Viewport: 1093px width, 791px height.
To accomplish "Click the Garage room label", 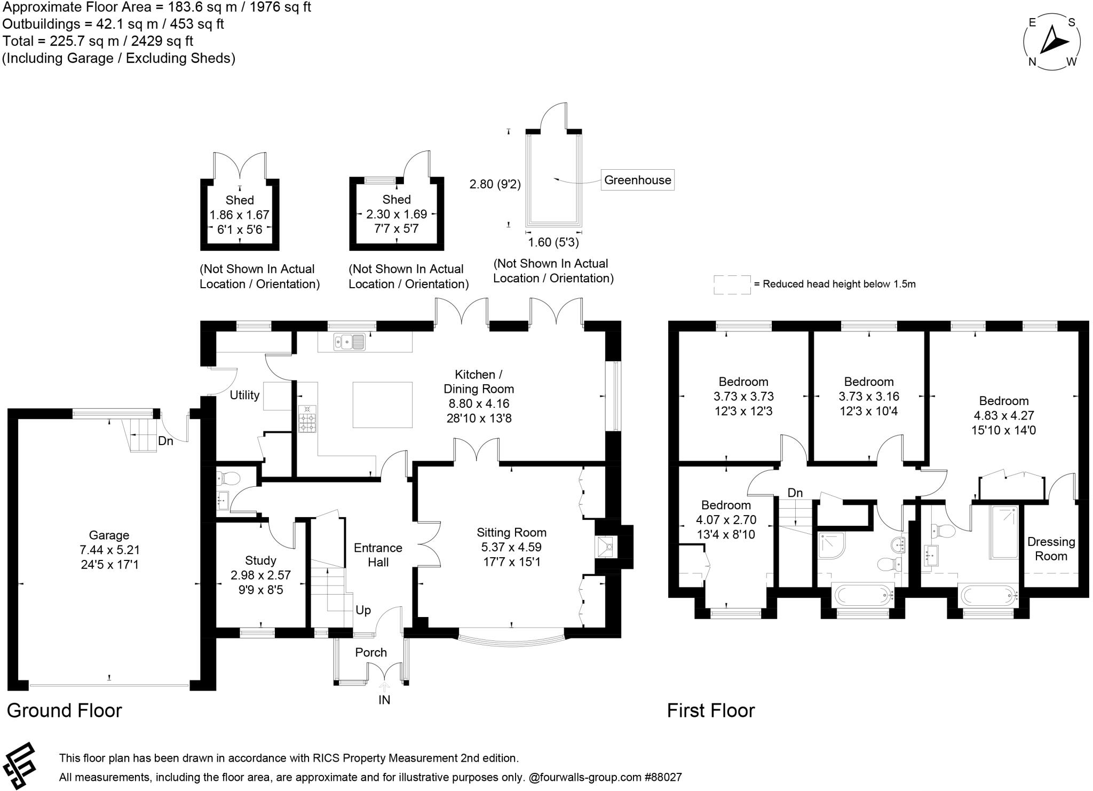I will (x=109, y=535).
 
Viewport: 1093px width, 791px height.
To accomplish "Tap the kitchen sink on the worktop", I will (x=350, y=342).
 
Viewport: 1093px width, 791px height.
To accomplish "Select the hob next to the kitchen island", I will (x=307, y=419).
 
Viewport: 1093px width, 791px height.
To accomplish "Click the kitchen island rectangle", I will (x=383, y=405).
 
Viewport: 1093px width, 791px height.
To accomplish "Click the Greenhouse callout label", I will (x=637, y=180).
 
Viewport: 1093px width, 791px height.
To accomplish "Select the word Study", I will (x=260, y=560).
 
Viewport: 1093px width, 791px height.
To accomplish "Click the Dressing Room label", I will (x=1051, y=549).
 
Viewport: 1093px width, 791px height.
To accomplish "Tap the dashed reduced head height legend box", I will (x=732, y=284).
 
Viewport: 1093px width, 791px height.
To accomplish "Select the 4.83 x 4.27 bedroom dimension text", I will (x=1003, y=416).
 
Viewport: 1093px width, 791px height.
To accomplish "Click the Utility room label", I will (x=244, y=395).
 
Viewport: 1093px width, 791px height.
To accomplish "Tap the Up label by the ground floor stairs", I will (x=363, y=610).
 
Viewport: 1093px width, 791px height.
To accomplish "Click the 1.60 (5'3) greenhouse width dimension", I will (x=553, y=242).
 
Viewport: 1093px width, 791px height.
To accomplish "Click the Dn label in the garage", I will (x=165, y=441).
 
